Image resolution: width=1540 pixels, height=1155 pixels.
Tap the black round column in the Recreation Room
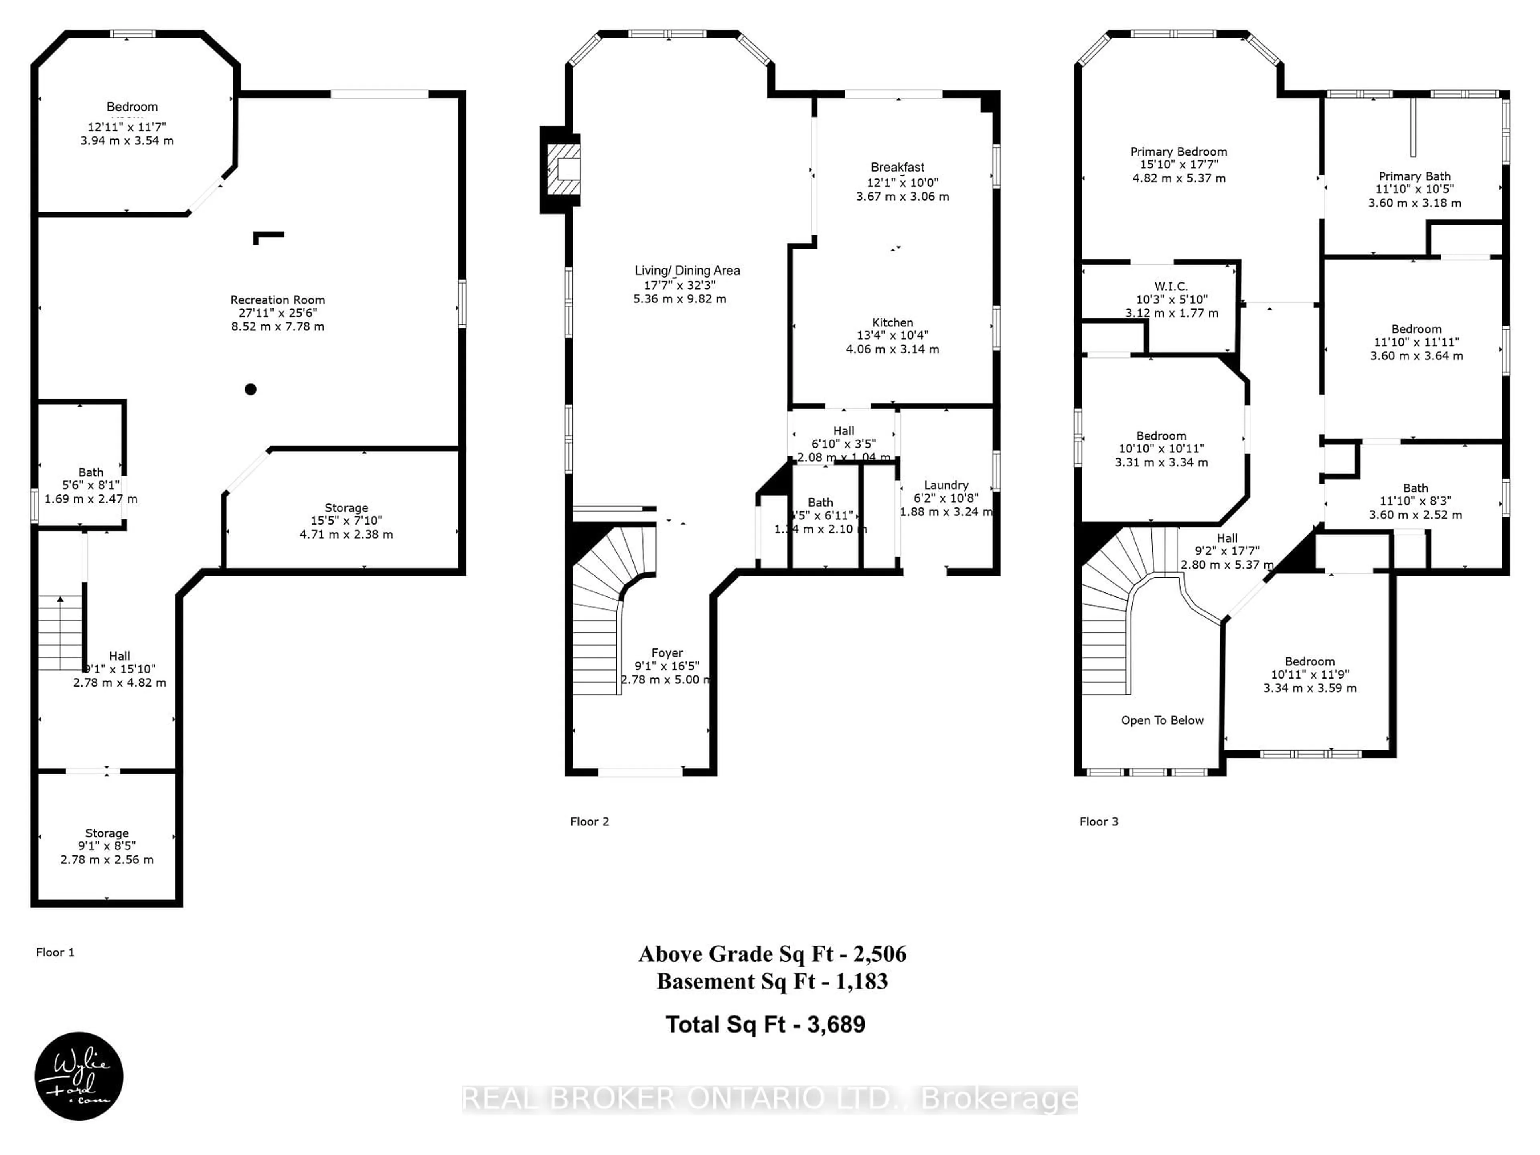pyautogui.click(x=251, y=389)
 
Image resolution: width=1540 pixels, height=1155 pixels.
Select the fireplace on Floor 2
pyautogui.click(x=563, y=169)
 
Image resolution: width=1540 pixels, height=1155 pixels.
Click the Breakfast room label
pyautogui.click(x=898, y=167)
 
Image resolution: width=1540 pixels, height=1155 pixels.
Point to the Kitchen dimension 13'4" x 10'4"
pyautogui.click(x=893, y=336)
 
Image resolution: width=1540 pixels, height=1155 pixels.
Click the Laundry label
pyautogui.click(x=945, y=484)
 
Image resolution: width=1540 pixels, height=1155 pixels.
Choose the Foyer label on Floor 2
pyautogui.click(x=667, y=653)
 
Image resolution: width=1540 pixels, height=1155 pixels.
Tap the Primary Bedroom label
pyautogui.click(x=1178, y=152)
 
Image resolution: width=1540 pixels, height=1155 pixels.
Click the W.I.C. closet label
pyautogui.click(x=1171, y=286)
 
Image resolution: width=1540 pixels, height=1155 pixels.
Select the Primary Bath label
pyautogui.click(x=1414, y=176)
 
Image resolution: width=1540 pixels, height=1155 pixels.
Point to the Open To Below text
pyautogui.click(x=1162, y=721)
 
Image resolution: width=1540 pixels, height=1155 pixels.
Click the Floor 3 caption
pyautogui.click(x=1098, y=821)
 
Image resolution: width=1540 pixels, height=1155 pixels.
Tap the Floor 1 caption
pyautogui.click(x=55, y=952)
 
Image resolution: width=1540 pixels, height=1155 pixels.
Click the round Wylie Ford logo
pyautogui.click(x=79, y=1076)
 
